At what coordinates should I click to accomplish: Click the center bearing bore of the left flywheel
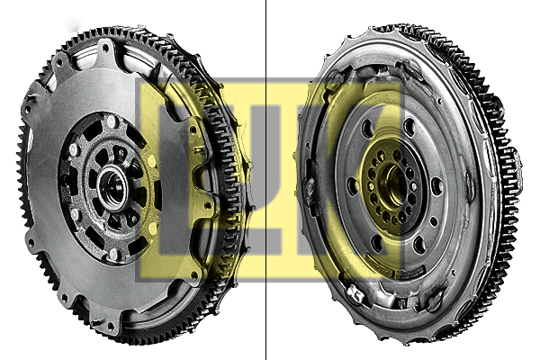(x=112, y=188)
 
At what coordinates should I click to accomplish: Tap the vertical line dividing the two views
(x=265, y=180)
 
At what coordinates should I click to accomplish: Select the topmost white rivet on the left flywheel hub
(x=111, y=121)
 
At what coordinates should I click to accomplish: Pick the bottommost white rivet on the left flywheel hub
(x=113, y=254)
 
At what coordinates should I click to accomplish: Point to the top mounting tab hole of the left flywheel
(x=105, y=48)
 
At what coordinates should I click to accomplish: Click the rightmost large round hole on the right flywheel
(x=436, y=186)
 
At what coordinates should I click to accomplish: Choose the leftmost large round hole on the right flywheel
(x=353, y=186)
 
